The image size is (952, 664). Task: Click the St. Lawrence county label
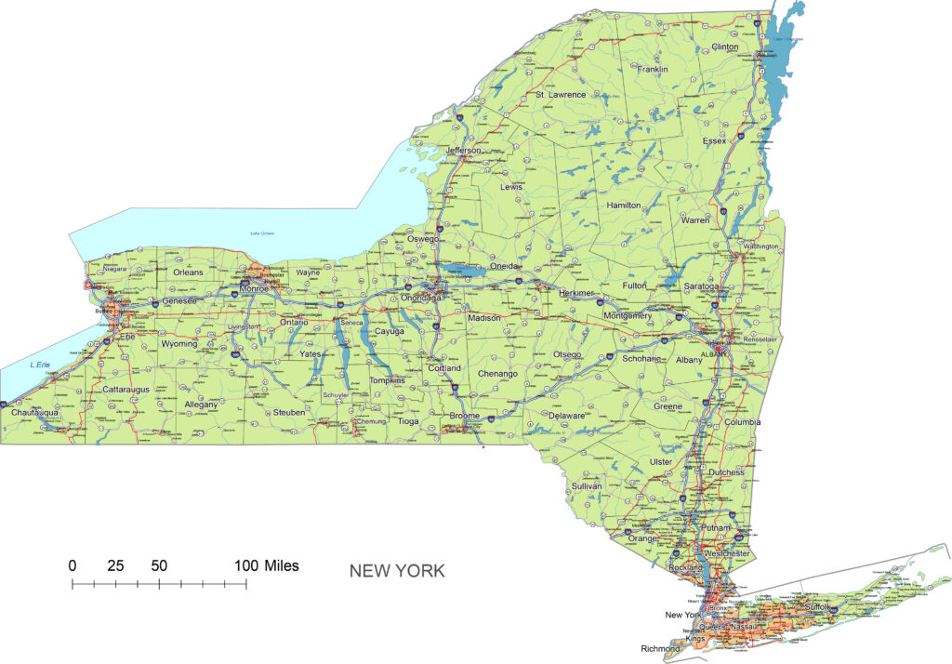[x=560, y=95]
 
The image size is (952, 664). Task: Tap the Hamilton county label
[x=624, y=205]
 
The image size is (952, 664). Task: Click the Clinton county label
[x=724, y=46]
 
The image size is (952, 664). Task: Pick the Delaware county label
[x=565, y=416]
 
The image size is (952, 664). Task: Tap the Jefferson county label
[x=464, y=151]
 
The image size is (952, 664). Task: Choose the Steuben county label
[x=288, y=412]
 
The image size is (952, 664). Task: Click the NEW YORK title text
[x=397, y=571]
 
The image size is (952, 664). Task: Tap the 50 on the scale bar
[x=159, y=565]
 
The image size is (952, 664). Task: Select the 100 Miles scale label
[x=266, y=565]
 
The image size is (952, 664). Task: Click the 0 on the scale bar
[x=73, y=565]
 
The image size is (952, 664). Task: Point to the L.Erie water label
[x=39, y=364]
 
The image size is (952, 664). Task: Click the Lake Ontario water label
[x=263, y=232]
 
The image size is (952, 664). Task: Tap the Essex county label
[x=714, y=141]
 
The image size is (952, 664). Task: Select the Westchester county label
[x=727, y=554]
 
